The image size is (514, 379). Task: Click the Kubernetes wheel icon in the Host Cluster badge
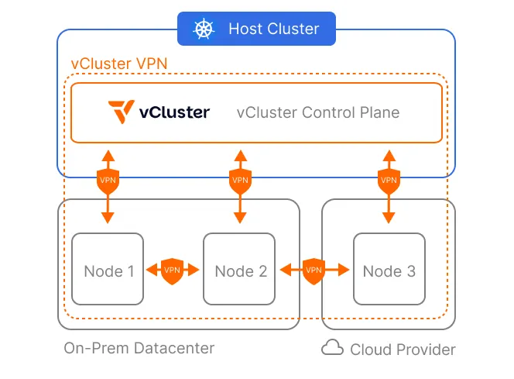204,29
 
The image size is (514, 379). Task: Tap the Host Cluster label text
273,29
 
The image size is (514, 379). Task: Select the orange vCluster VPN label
118,64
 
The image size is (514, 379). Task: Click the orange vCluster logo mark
122,112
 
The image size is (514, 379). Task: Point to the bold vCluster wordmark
174,112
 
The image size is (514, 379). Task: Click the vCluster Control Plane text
317,112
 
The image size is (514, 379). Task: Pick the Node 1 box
108,269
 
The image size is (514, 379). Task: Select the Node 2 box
241,269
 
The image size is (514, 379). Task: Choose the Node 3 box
389,269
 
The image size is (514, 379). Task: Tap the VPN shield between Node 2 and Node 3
314,270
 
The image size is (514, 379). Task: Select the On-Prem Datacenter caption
139,348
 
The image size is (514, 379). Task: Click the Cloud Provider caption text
403,350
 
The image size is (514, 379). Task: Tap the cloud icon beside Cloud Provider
332,348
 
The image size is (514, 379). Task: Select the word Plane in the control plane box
379,112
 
